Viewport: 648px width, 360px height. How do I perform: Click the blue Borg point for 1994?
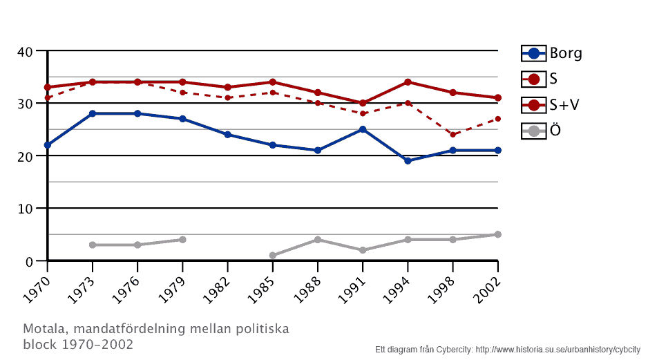click(408, 161)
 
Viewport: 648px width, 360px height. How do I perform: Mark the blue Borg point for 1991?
click(363, 129)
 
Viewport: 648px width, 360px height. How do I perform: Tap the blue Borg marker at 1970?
click(47, 145)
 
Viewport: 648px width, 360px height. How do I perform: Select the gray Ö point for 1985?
click(272, 256)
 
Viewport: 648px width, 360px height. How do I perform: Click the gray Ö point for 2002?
click(497, 234)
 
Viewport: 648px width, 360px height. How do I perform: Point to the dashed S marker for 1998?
click(452, 135)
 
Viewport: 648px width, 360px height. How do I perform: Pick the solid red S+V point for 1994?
click(408, 82)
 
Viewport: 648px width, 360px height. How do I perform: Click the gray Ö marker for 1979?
click(182, 240)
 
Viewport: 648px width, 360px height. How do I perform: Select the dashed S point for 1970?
click(47, 98)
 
